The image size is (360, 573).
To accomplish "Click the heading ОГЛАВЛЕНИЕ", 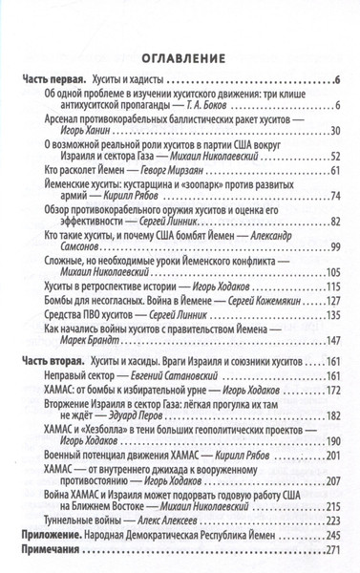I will (x=180, y=55).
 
